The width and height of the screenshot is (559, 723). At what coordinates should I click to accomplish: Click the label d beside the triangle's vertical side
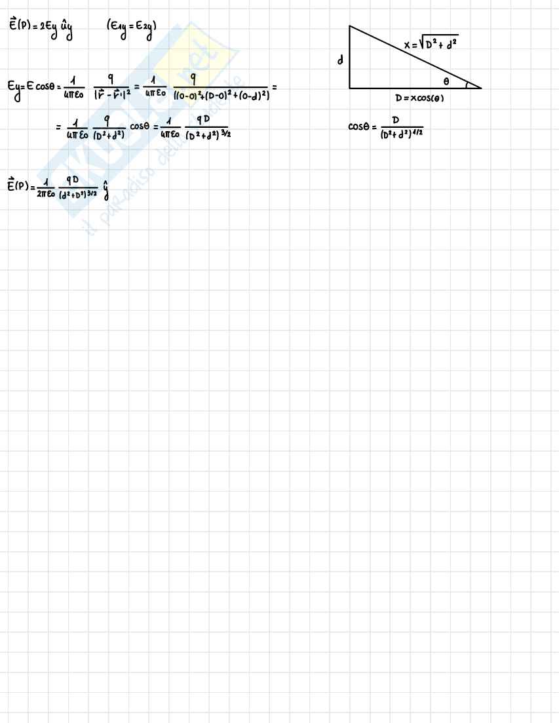click(340, 60)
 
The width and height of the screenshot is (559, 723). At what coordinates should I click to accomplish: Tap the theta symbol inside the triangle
click(446, 82)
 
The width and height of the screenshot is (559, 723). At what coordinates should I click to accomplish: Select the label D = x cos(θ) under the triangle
click(419, 98)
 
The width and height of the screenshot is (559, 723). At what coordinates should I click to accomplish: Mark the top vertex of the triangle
click(349, 27)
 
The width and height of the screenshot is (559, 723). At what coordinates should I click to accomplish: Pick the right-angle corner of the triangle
click(350, 87)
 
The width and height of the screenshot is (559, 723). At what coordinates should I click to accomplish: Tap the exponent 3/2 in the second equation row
click(223, 135)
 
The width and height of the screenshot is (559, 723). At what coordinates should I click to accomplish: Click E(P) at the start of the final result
click(17, 186)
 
